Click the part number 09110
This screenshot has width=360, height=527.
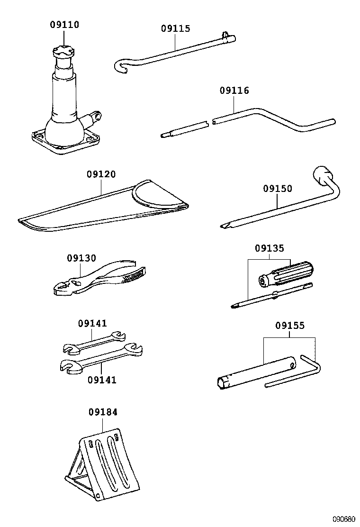(65, 24)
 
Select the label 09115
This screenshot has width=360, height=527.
(175, 28)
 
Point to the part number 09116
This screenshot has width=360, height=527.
(234, 91)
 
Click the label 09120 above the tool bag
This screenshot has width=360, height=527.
(101, 174)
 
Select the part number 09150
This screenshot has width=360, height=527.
(278, 189)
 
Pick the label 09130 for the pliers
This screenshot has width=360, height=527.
(81, 258)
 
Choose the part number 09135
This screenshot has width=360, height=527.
(270, 248)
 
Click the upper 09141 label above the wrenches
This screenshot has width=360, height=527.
(92, 324)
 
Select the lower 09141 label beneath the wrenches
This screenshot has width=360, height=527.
(102, 380)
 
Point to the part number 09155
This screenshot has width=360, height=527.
(290, 326)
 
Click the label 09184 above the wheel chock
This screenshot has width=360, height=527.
(103, 412)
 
